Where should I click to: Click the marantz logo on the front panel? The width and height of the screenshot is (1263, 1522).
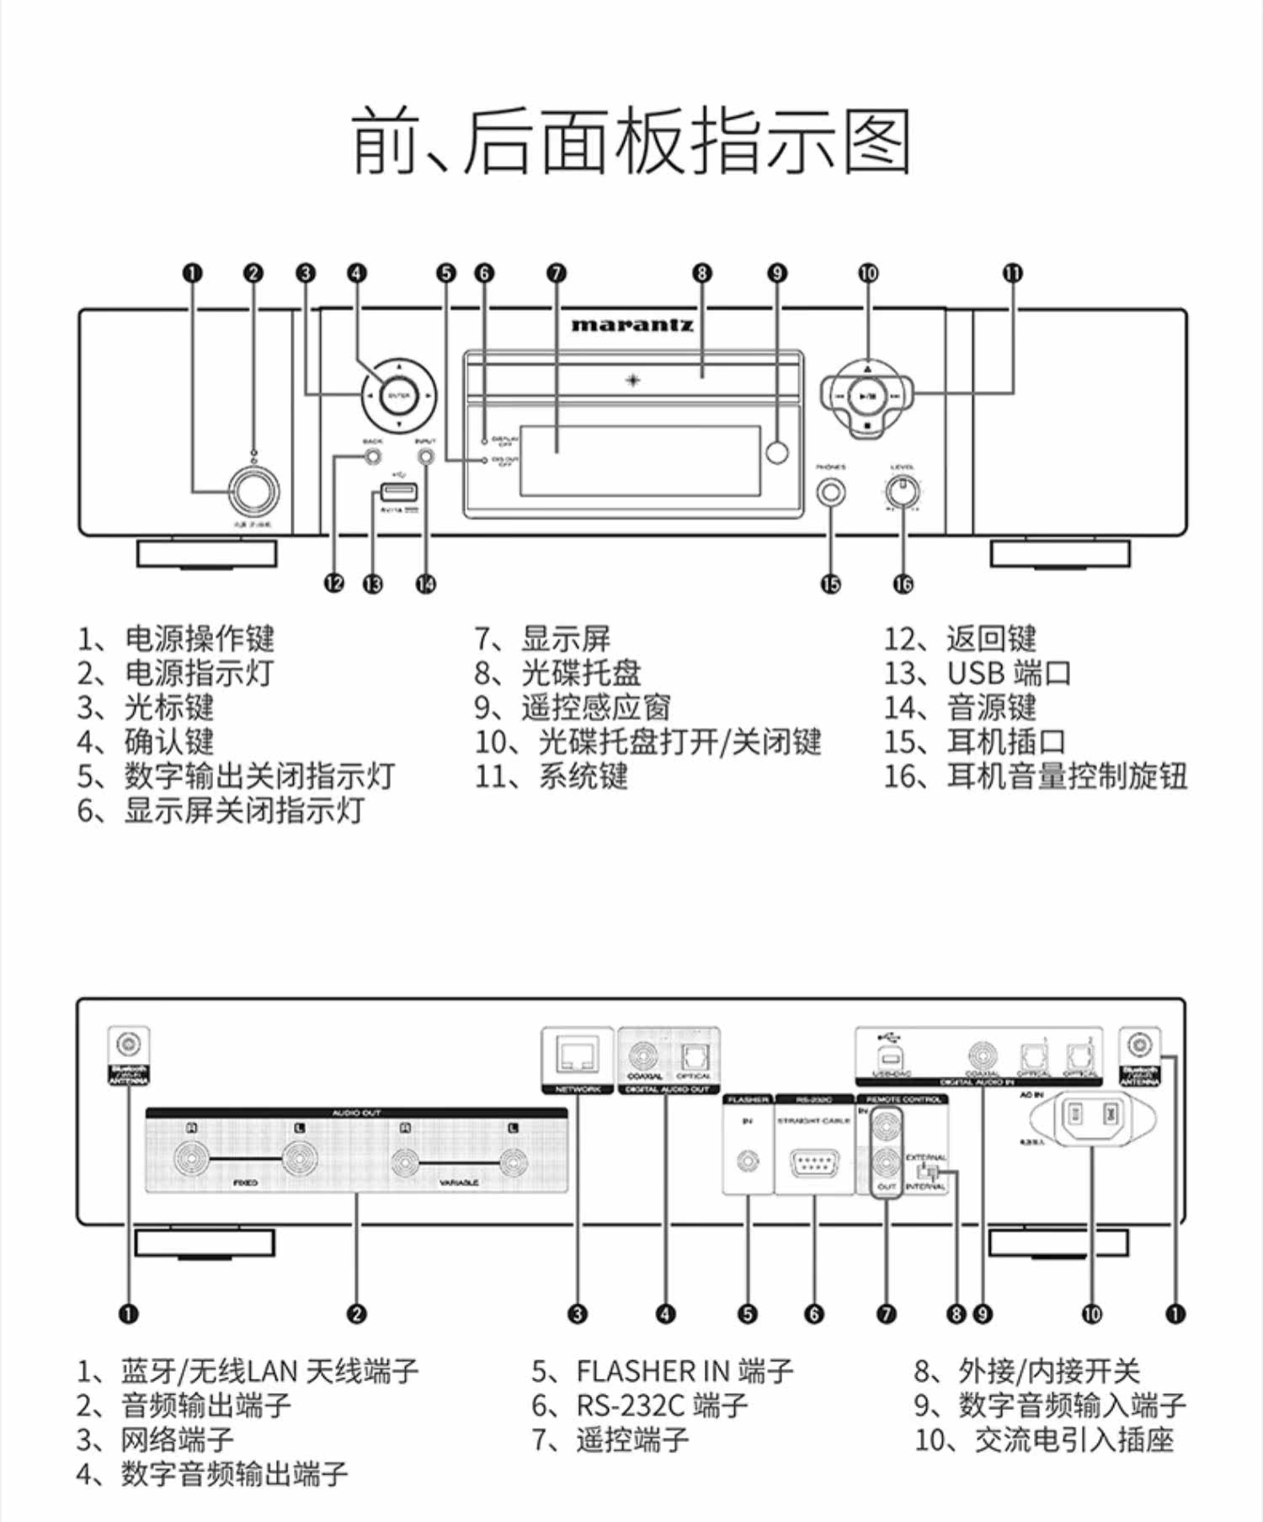pos(631,325)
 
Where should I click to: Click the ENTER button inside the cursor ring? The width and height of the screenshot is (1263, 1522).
pos(398,395)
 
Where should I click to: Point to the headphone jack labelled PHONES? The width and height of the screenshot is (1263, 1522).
pos(831,492)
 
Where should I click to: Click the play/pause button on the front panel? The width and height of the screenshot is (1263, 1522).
pos(867,394)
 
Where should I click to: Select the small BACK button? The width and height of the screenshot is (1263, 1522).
pos(372,457)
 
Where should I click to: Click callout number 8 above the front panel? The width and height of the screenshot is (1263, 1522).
pos(702,273)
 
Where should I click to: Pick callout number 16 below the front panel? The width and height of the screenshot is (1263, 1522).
pos(903,584)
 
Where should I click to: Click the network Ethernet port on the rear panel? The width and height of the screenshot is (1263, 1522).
pos(578,1054)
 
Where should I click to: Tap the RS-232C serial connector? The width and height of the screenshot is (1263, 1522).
pos(814,1163)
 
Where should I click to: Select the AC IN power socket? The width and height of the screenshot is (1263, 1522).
pos(1092,1118)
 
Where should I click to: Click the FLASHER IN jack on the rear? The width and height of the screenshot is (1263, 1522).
pos(748,1162)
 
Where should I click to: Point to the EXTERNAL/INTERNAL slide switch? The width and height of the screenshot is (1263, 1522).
pos(930,1171)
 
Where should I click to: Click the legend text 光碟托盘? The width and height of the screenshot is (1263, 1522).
pos(581,673)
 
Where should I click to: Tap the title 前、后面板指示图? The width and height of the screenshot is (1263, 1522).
pos(631,141)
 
